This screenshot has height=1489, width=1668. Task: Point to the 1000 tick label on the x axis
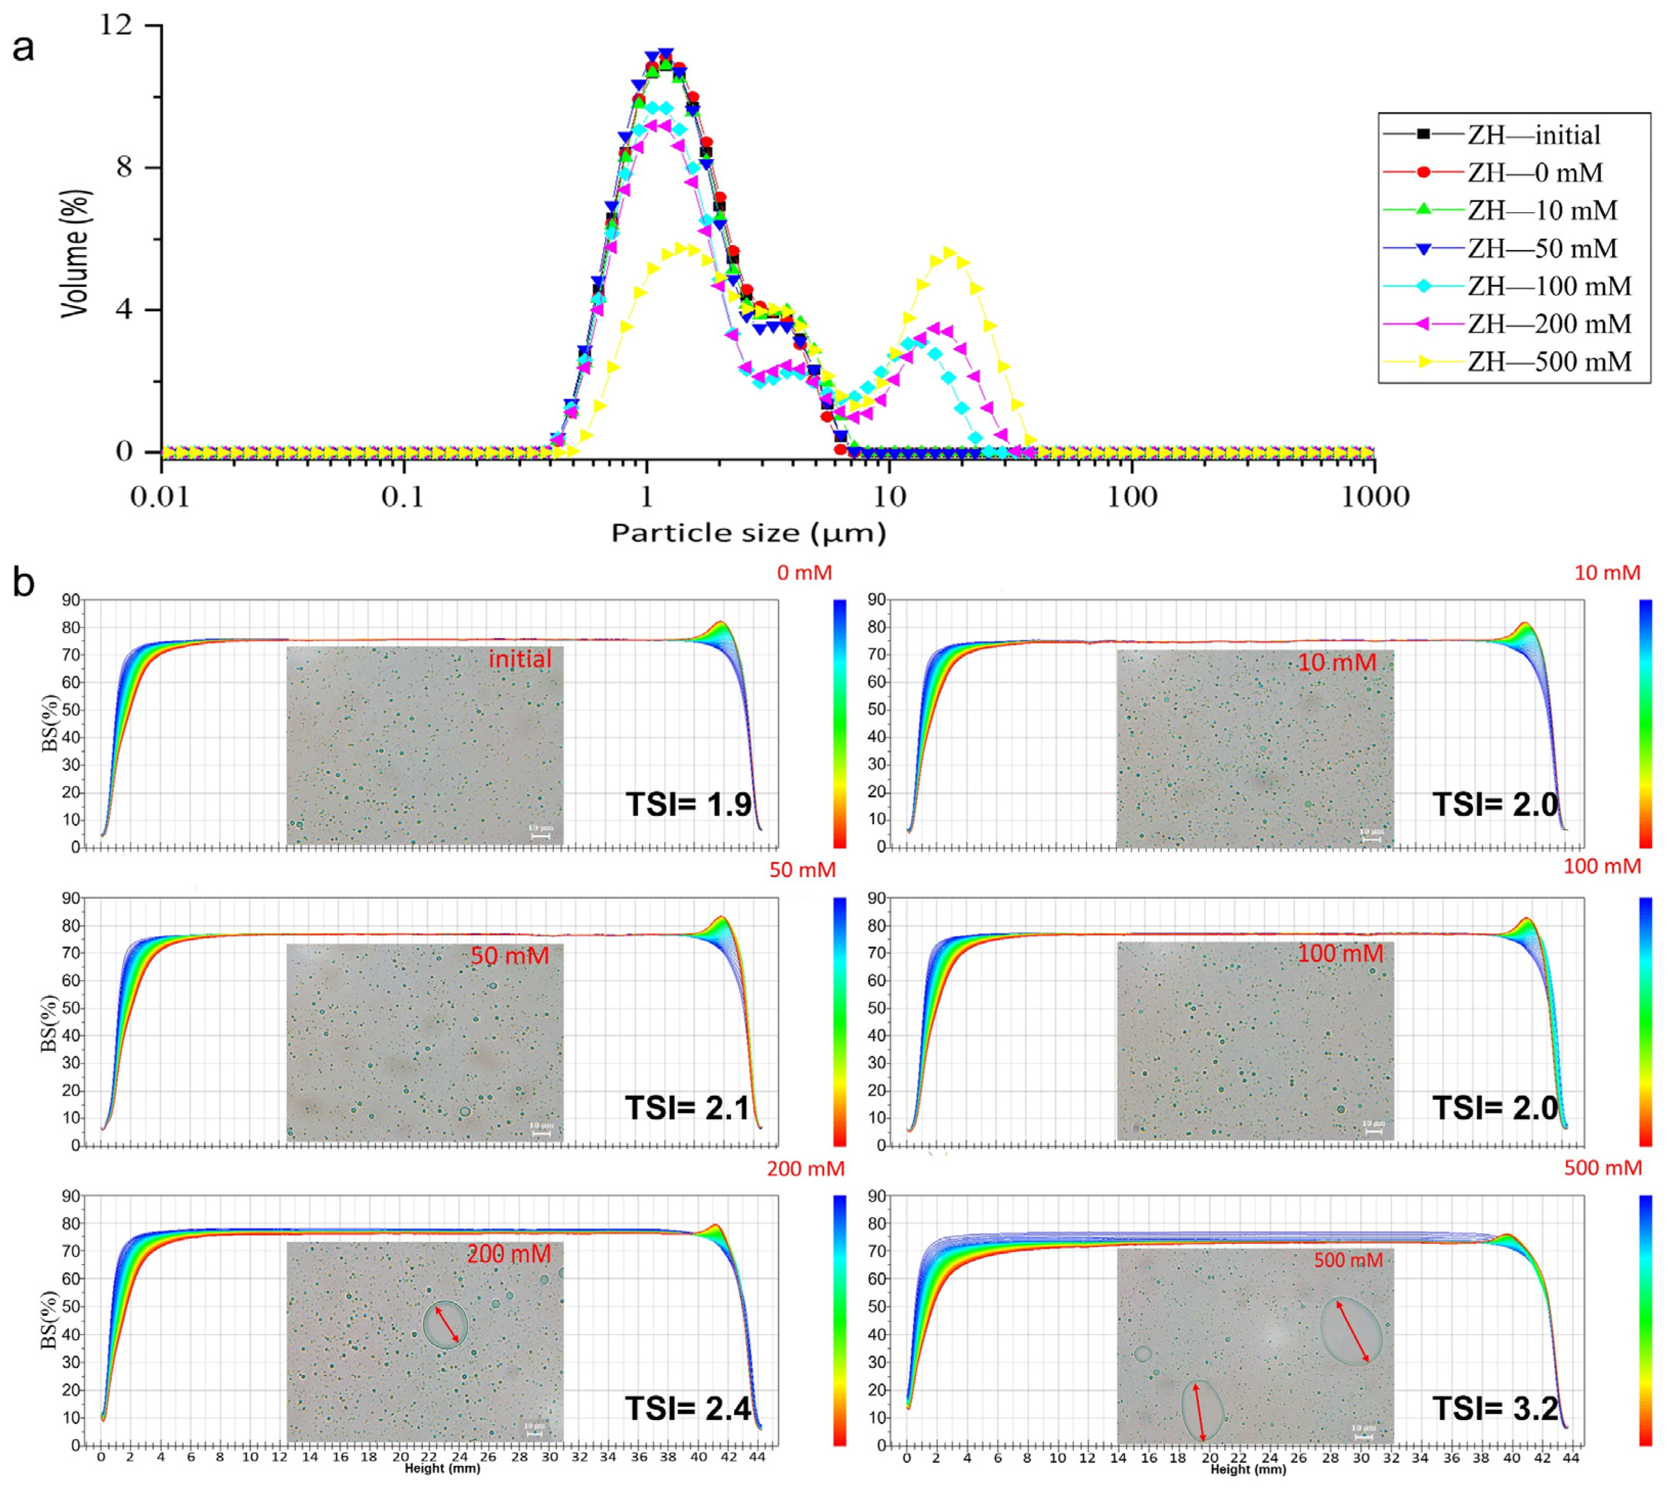[x=1374, y=497]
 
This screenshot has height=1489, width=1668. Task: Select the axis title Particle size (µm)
[x=748, y=534]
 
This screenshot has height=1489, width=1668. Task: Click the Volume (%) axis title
[x=75, y=254]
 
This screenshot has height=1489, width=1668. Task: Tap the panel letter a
[x=23, y=48]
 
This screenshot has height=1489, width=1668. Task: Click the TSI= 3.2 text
[x=1495, y=1408]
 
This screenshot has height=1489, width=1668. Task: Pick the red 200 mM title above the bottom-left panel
[x=805, y=1169]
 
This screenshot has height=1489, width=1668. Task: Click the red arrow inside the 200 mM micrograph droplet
[x=446, y=1324]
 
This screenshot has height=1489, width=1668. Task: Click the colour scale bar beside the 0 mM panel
[x=839, y=723]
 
